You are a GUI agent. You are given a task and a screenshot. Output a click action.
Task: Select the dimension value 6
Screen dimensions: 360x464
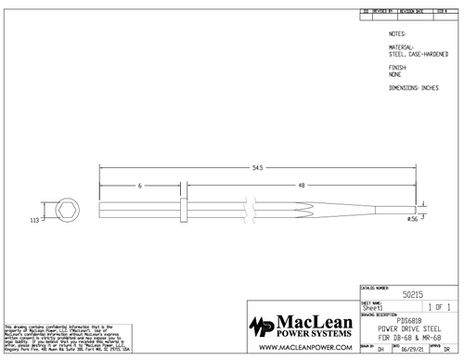click(140, 186)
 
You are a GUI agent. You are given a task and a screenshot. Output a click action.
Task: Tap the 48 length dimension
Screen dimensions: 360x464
click(301, 186)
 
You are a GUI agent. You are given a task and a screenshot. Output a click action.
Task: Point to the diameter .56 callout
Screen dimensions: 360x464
click(413, 219)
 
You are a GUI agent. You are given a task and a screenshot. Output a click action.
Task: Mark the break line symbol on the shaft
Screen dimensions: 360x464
click(248, 207)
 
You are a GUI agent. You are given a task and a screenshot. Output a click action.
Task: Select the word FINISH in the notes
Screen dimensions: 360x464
click(396, 68)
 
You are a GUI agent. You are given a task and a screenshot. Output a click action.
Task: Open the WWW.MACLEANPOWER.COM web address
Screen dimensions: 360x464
click(302, 348)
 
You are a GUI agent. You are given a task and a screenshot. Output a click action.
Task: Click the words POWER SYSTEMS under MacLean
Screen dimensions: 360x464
click(315, 335)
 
